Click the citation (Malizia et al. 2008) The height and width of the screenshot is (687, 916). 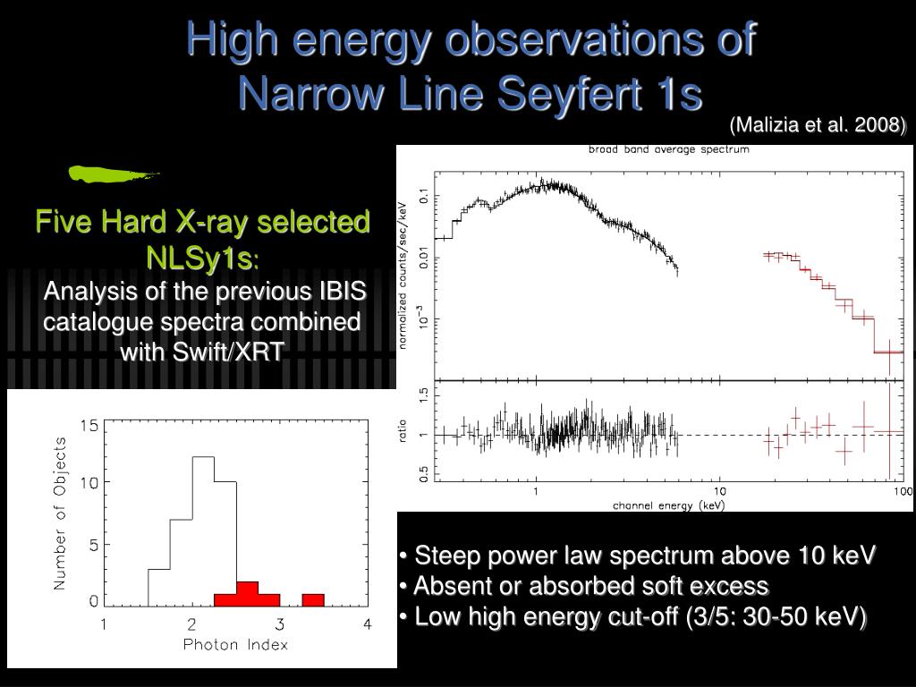coord(818,125)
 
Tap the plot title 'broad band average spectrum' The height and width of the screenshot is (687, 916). coord(668,149)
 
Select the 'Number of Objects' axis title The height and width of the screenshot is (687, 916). coord(60,513)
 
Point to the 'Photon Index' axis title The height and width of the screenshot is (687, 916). coord(235,644)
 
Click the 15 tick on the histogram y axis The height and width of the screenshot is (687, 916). coord(89,426)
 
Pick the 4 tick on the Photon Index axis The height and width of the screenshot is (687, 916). coord(367,624)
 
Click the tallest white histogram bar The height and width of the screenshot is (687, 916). coord(203,528)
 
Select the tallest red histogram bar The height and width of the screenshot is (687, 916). coord(247,592)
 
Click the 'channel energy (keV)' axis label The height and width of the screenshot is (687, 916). coord(668,505)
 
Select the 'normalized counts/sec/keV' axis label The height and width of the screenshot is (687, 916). coord(403,276)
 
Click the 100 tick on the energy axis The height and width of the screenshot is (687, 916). coord(902,492)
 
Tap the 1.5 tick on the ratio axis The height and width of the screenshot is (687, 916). coord(424,394)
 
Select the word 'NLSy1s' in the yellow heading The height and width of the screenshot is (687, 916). coord(199,258)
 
